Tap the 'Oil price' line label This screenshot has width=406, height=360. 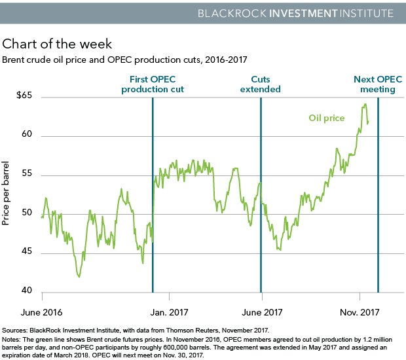coord(326,118)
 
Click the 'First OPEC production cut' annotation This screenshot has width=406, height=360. coord(152,84)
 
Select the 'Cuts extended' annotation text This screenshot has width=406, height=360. coord(261,84)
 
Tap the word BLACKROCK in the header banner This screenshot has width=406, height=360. coord(255,13)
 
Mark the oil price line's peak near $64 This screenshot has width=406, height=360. coord(364,104)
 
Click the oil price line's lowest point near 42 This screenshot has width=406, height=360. coord(79,277)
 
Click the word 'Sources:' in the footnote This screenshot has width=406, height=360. coord(16,331)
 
